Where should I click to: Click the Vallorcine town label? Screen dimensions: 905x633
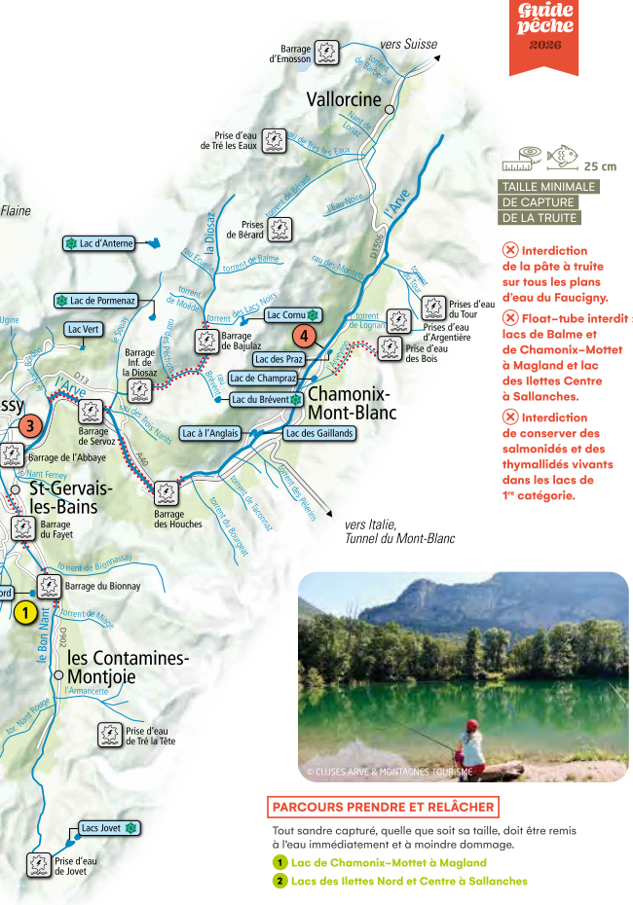point(344,99)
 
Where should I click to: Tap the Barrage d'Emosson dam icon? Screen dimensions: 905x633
point(328,53)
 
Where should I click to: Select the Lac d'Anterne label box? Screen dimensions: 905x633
point(99,243)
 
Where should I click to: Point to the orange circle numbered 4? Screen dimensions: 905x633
point(304,337)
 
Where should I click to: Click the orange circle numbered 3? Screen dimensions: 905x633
point(31,425)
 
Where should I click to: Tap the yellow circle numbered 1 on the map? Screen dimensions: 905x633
point(25,613)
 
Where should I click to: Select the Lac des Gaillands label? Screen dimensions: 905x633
point(318,433)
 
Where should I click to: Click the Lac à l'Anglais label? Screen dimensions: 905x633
point(210,433)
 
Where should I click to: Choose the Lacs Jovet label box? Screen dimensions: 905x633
point(108,828)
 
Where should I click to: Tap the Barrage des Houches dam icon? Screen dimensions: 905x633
point(166,493)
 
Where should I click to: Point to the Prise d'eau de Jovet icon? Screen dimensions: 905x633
point(38,864)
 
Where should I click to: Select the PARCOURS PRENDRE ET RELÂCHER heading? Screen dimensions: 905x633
point(383,807)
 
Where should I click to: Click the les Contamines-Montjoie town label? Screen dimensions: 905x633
point(128,668)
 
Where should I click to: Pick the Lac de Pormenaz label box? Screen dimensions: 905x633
point(96,301)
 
